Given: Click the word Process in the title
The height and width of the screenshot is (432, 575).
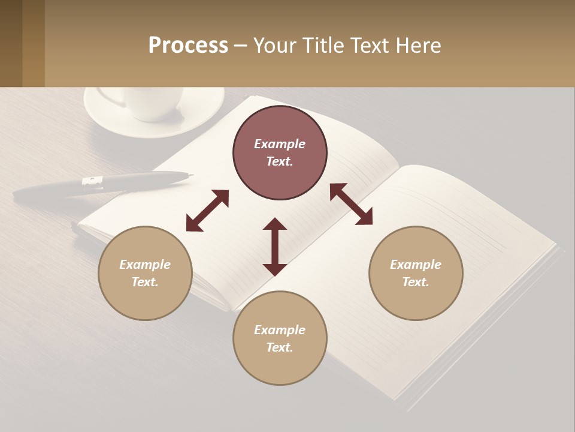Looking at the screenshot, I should point(188,46).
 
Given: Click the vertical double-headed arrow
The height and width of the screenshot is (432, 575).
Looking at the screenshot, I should point(275,247).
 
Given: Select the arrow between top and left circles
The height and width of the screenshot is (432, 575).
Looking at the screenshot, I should point(207,211).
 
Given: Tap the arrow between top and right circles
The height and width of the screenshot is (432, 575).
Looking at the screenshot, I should point(351,204).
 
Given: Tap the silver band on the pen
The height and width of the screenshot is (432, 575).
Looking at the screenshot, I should point(93,182).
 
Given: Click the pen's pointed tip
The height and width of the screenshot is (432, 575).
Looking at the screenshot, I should point(191,175).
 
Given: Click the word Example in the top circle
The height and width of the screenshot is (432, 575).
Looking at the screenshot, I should point(280,144).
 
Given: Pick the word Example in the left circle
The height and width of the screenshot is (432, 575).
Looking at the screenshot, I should point(145,265).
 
